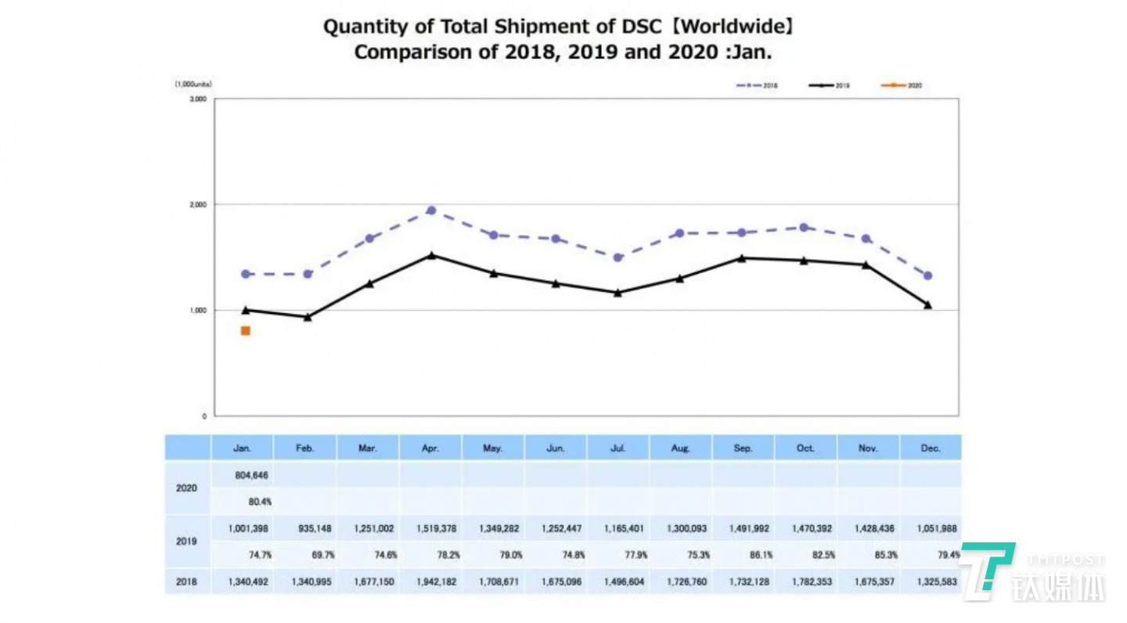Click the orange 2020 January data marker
tap(246, 331)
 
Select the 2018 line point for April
tap(431, 211)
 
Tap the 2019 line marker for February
tap(308, 317)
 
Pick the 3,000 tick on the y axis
tap(199, 99)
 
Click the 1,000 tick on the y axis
tap(199, 311)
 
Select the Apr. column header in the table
tap(430, 448)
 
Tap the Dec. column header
tap(931, 448)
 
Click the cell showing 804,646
tap(250, 474)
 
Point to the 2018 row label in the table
tap(186, 582)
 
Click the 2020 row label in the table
tap(186, 488)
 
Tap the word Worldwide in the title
tap(735, 27)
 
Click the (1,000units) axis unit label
tap(193, 84)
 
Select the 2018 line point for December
tap(927, 275)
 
